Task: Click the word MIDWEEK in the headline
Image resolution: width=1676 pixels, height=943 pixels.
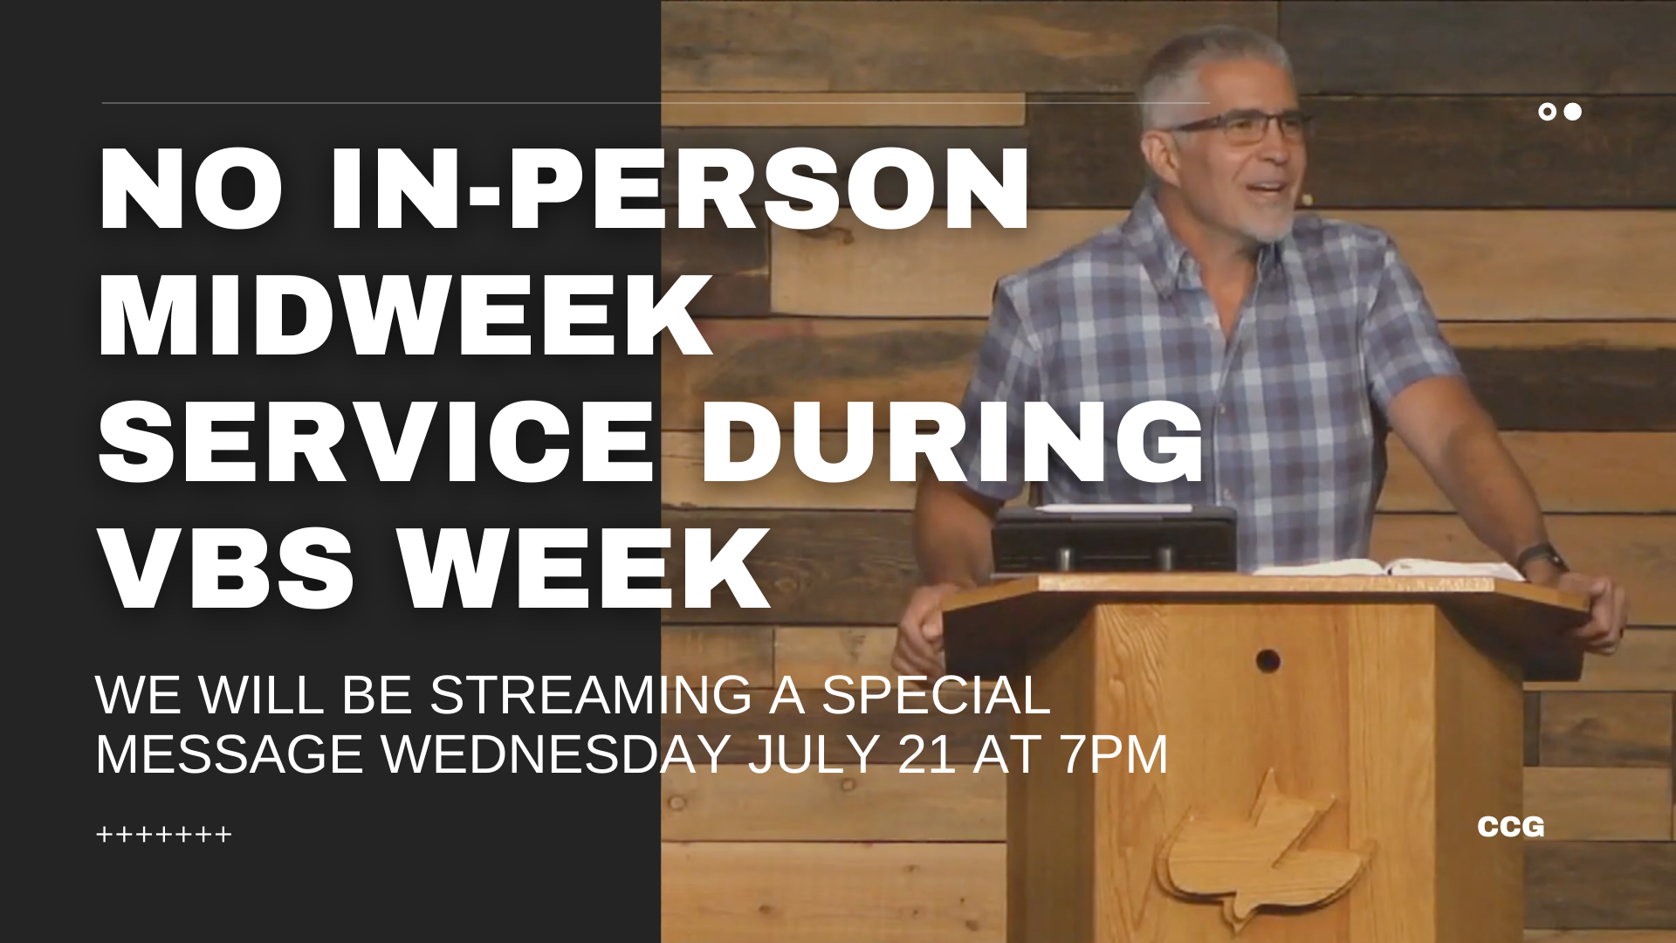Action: [406, 315]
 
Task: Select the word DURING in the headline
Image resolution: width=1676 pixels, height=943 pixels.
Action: [953, 441]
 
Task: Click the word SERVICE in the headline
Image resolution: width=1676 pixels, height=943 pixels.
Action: [376, 441]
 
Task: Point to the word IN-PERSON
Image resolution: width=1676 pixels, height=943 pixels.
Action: [680, 189]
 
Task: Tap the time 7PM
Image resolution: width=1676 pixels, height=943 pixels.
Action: [1115, 754]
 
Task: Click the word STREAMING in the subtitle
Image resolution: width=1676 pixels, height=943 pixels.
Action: [591, 696]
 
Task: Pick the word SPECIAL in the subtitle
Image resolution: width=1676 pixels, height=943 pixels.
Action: [936, 696]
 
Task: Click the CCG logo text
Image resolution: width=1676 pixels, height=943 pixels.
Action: [1511, 827]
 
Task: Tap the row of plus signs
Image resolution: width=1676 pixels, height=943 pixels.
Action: [164, 835]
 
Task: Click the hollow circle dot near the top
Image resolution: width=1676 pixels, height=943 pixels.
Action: [1547, 112]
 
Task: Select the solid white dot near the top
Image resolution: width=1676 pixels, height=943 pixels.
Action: [1572, 112]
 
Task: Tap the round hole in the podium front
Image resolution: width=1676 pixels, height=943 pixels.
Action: [1268, 661]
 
